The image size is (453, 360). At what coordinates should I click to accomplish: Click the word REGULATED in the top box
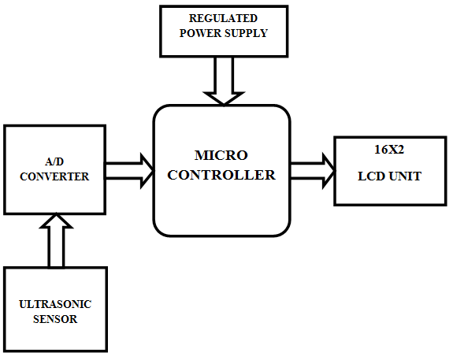223,18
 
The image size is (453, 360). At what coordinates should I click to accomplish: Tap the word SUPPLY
246,33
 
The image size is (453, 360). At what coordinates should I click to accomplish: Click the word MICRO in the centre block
221,155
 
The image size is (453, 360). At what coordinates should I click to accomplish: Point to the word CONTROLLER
221,175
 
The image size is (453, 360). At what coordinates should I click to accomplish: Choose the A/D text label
54,161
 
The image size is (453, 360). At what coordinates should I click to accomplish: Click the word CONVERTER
54,176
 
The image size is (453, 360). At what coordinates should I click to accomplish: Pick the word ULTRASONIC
55,304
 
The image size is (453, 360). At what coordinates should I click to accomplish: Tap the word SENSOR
55,319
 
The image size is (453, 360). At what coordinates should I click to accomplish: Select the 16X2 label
389,150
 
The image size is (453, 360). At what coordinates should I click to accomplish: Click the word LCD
371,176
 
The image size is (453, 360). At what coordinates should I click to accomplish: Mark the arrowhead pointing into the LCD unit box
329,171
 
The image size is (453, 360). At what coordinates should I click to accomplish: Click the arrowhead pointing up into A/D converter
57,221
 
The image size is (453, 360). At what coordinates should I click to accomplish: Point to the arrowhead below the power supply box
224,98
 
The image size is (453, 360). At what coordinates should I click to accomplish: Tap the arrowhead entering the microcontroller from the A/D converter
147,171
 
